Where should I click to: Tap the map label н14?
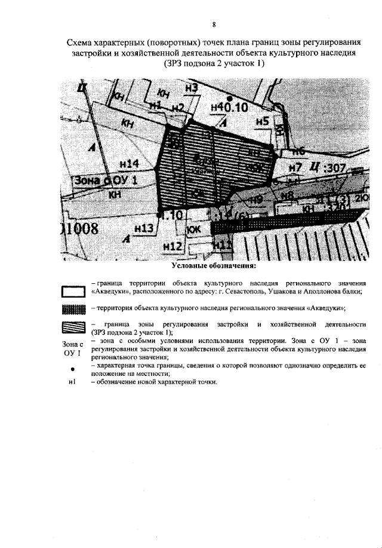[130, 163]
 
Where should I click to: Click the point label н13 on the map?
[144, 227]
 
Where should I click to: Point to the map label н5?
[263, 121]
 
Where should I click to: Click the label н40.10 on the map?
[230, 108]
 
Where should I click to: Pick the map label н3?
[192, 88]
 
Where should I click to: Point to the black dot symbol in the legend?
[72, 369]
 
